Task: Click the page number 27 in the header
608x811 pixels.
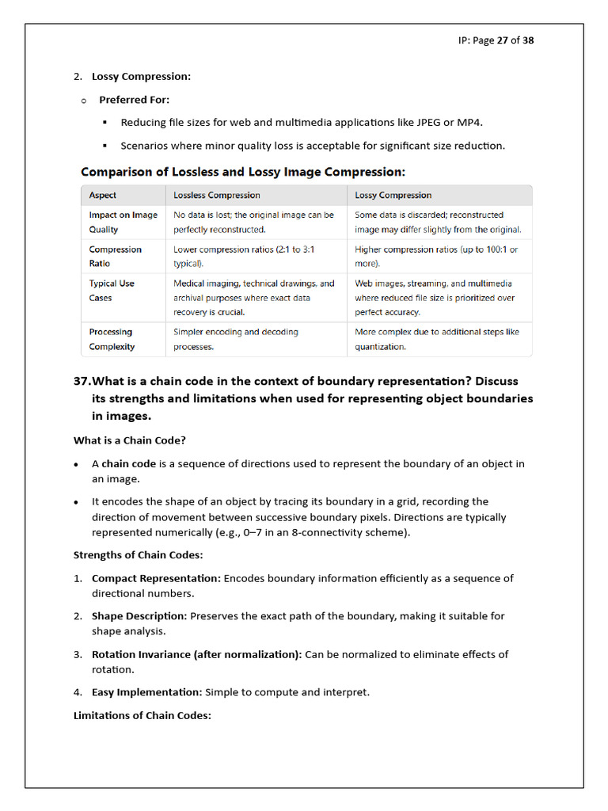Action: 502,40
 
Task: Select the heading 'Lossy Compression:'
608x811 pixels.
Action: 141,77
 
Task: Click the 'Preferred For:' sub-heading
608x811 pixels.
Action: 134,100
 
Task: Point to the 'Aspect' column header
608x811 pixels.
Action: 102,195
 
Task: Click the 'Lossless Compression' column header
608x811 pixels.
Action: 216,195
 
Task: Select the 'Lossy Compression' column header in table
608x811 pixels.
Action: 393,195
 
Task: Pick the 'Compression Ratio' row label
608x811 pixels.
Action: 115,256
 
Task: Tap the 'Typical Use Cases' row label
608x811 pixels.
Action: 112,290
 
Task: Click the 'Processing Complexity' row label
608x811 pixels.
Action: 112,339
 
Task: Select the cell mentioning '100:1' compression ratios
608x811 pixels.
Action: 436,256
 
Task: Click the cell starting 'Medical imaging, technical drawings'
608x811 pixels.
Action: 253,297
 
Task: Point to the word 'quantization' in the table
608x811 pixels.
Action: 380,347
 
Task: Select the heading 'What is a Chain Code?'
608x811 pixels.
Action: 130,440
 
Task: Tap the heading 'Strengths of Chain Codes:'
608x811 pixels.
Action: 138,555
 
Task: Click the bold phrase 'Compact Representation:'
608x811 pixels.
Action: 156,578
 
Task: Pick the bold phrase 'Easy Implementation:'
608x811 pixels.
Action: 148,692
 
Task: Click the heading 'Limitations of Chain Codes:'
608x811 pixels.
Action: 142,716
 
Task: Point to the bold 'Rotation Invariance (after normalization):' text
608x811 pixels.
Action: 196,654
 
